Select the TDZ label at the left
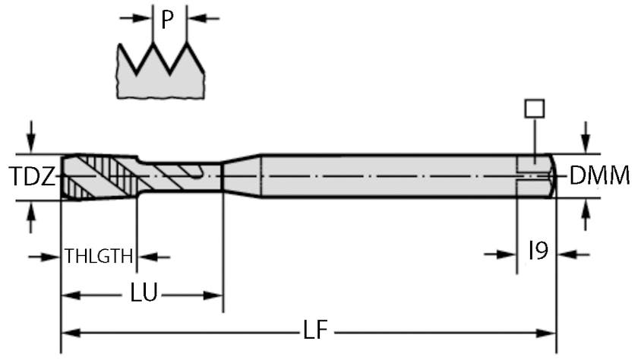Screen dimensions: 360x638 point(32,178)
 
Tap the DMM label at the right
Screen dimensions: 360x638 point(599,177)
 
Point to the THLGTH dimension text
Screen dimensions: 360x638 point(99,256)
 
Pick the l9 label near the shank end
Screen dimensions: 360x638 point(538,251)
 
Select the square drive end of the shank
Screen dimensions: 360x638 point(535,176)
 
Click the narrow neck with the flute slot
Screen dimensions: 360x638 point(182,176)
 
